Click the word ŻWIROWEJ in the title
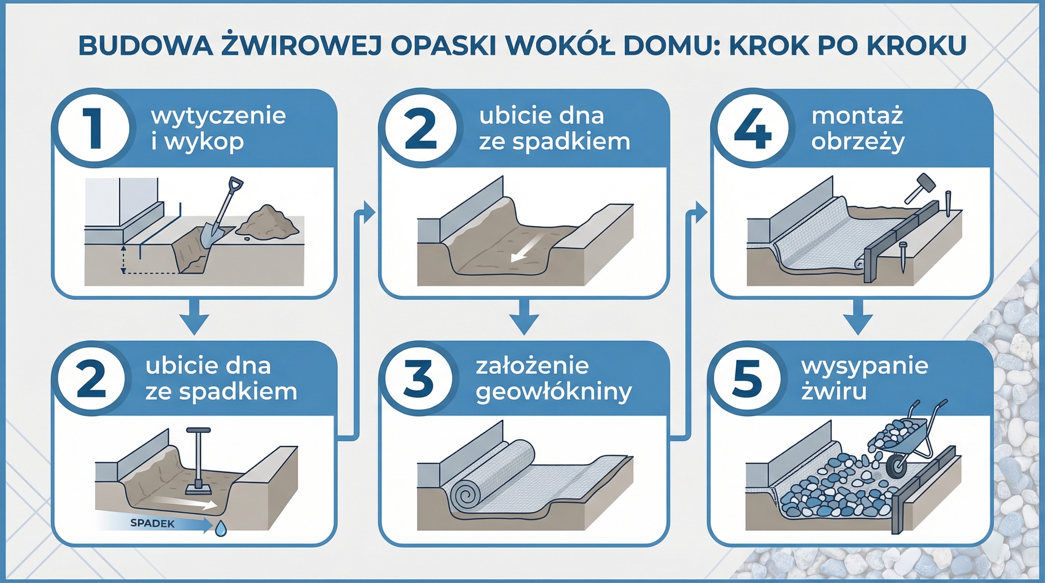pos(302,46)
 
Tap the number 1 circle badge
pos(94,129)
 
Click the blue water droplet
pos(220,528)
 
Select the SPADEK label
pos(153,523)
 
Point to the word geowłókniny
pos(554,392)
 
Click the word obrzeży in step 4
pos(858,142)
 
